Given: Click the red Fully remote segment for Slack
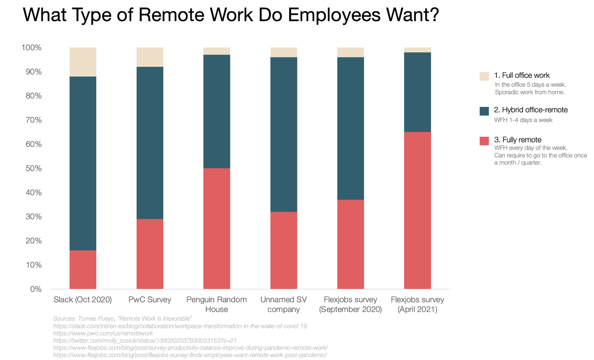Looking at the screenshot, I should pos(83,269).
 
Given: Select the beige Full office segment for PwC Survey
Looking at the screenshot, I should pos(150,57).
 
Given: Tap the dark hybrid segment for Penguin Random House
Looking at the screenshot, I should pos(217,111).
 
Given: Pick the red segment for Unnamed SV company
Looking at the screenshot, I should pos(284,250).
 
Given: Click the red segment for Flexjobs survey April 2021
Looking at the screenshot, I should pos(417,210).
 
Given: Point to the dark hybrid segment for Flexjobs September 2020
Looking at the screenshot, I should pos(350,128).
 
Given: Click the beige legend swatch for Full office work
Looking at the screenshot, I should pos(484,76).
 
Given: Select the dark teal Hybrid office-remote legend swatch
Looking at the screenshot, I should pos(484,111).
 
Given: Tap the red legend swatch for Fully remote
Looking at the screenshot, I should pos(484,141).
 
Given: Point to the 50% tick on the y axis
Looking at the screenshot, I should pos(32,168).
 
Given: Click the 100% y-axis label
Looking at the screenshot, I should pos(31,48).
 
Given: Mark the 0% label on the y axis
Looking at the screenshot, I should pos(36,289).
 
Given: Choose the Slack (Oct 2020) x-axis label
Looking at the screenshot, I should pos(83,300).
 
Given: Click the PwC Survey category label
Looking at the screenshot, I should pos(150,300).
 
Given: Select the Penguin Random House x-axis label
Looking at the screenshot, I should pos(217,304).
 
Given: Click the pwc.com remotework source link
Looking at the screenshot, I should pos(103,333).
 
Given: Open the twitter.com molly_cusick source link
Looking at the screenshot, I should pos(144,340).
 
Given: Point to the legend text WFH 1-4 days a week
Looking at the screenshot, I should pos(523,120).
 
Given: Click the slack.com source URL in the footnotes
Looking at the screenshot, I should pos(180,326).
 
